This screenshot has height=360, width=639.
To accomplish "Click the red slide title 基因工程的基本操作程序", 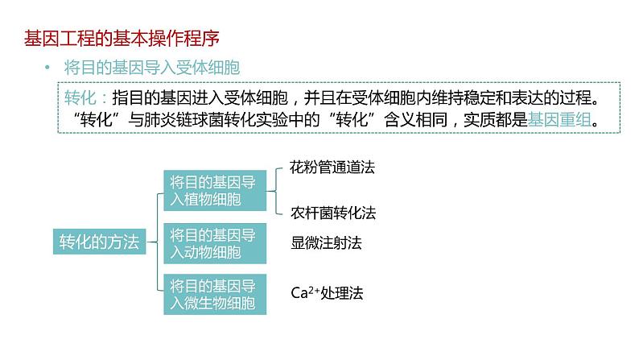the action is click(122, 39).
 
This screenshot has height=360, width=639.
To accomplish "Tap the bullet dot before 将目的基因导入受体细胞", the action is click(47, 68).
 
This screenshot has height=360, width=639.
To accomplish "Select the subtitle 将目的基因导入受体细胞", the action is click(151, 68).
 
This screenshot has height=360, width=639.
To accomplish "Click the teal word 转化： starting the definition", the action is click(85, 97).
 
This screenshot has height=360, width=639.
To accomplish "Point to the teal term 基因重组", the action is click(559, 120).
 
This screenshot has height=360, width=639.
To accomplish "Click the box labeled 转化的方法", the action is click(100, 242).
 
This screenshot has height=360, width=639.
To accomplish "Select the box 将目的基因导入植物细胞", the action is click(215, 190).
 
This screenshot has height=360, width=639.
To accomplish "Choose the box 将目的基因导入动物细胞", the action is click(215, 243).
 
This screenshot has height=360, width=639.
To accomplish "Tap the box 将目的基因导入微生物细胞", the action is click(215, 294).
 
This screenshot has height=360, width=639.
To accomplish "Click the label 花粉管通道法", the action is click(332, 168).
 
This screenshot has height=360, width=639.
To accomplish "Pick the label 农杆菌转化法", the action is click(333, 213).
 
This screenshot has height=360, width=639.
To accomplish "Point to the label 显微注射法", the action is click(326, 243).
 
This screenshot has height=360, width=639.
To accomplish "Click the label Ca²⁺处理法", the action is click(327, 292).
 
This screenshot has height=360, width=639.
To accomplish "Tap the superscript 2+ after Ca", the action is click(314, 290).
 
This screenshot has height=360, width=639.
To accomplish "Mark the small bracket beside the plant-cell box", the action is click(276, 191).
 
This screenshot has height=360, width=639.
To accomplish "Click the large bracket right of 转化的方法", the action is click(158, 242).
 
